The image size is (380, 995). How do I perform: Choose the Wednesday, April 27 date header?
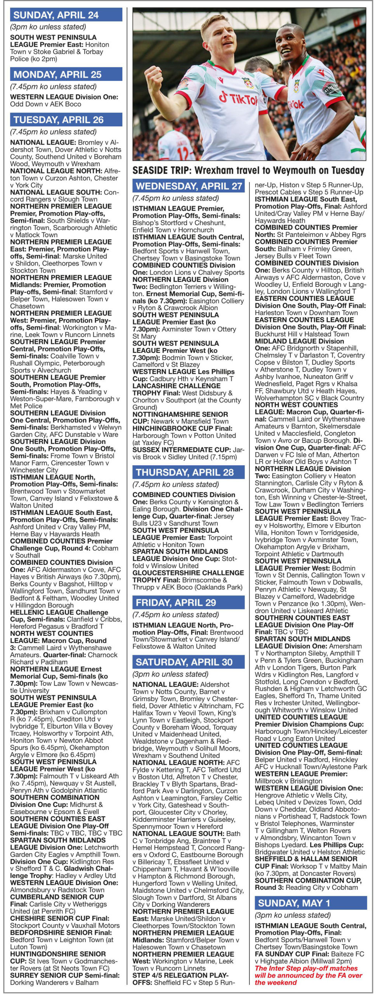tap(189, 186)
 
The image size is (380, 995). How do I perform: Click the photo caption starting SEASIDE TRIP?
tap(248, 170)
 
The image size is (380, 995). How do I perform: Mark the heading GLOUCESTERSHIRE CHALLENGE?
tap(188, 573)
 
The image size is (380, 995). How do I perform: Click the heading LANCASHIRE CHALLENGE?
tap(177, 386)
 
